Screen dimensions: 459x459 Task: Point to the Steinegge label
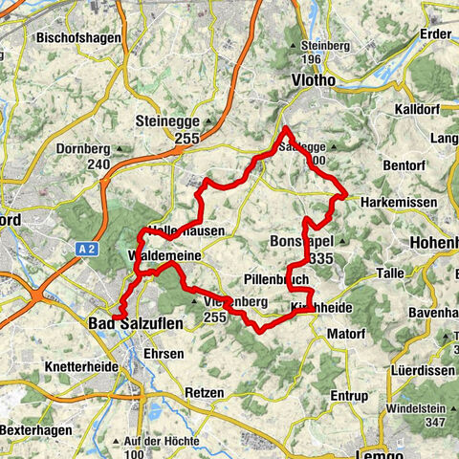click(193, 122)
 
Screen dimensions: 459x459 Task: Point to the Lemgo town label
click(355, 453)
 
